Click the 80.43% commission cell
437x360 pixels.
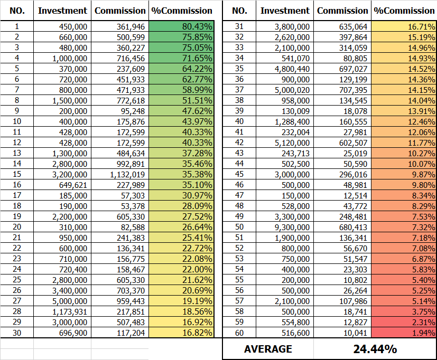[x=181, y=26]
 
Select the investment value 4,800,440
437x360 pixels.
[x=292, y=69]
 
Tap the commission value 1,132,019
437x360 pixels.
[x=127, y=175]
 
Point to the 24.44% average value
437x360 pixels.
[x=375, y=349]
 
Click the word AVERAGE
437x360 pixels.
[x=268, y=349]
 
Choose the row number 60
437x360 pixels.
[x=239, y=333]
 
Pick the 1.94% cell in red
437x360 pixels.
[x=404, y=333]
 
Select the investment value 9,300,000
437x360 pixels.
[x=292, y=227]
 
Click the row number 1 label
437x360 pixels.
[x=17, y=26]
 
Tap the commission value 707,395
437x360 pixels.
[x=353, y=90]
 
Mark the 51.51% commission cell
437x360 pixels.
[x=181, y=100]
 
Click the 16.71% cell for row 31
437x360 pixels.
[x=404, y=26]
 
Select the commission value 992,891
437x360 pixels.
[x=131, y=164]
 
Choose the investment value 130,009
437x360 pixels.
[x=295, y=111]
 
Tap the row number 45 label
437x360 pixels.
[x=239, y=174]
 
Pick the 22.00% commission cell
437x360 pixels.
[x=181, y=269]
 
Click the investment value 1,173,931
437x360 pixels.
[x=70, y=311]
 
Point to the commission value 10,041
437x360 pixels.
[x=355, y=333]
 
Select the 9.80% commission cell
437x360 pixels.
[x=404, y=185]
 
